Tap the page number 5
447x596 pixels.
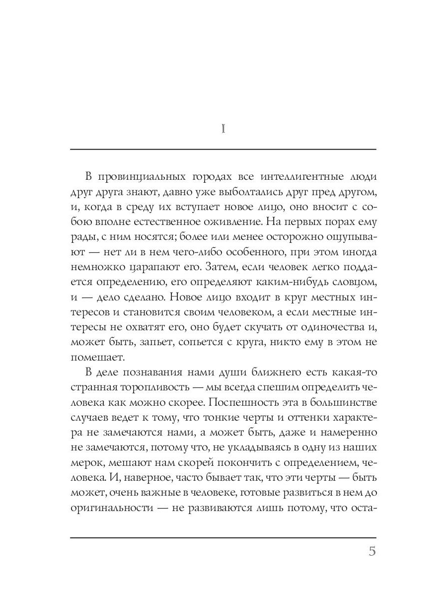tap(372, 552)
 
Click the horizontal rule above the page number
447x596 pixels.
tap(223, 538)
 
